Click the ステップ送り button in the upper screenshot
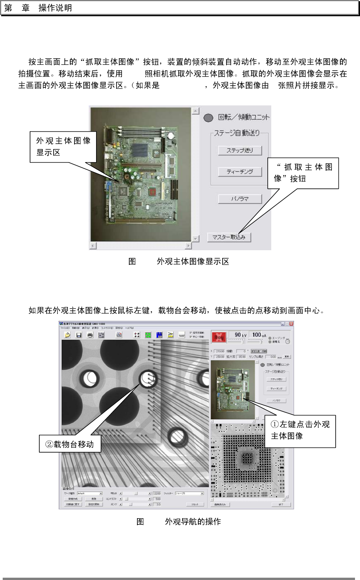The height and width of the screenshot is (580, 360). tap(240, 150)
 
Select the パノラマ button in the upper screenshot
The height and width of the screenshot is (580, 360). tap(240, 199)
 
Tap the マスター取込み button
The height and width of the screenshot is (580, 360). tap(229, 237)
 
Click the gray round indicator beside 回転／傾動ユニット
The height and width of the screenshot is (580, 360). tap(208, 117)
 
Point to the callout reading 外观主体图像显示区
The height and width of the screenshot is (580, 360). tap(63, 146)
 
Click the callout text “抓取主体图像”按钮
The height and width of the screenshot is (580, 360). tap(303, 173)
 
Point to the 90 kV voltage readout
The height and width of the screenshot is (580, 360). tap(240, 335)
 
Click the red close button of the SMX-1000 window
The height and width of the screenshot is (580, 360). tap(291, 324)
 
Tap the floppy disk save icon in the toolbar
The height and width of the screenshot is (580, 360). tap(79, 335)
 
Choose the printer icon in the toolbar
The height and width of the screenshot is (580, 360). tap(90, 335)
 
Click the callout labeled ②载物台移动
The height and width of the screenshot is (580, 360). tap(70, 444)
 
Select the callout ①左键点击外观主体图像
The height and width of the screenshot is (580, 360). tap(300, 430)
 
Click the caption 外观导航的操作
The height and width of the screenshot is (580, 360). tap(193, 522)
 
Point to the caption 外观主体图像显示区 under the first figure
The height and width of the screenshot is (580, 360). tap(193, 261)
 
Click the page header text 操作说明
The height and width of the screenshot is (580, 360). tap(55, 8)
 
